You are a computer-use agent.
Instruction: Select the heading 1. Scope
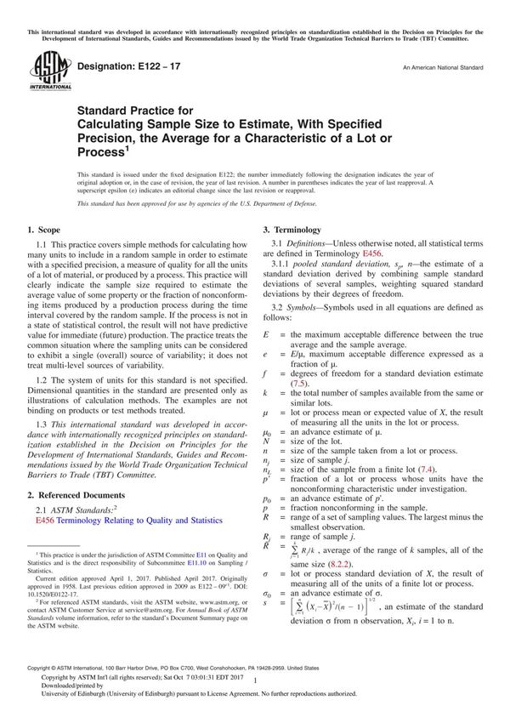(x=43, y=231)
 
